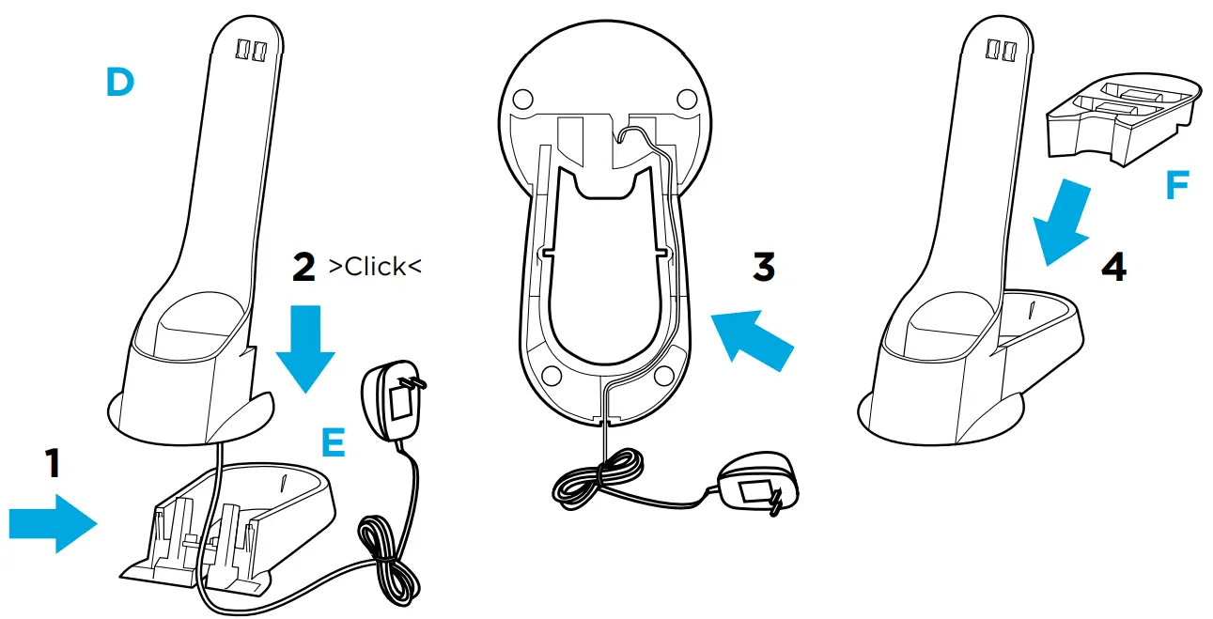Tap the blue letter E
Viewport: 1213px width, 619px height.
pos(334,442)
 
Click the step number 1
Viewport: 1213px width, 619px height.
pos(54,464)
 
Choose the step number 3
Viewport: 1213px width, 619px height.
pos(764,267)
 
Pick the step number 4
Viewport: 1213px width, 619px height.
pos(1113,269)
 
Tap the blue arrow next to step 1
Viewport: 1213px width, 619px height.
pos(53,524)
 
